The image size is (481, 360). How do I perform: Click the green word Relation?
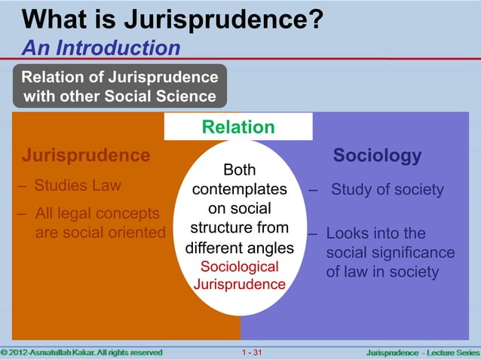(238, 127)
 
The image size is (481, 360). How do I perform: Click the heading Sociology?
(377, 156)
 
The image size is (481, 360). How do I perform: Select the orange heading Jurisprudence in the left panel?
(85, 156)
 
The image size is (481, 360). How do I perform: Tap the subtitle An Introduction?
(100, 49)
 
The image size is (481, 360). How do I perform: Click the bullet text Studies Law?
(77, 185)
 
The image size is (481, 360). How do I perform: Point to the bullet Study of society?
(387, 189)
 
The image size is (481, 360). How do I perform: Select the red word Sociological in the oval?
(239, 267)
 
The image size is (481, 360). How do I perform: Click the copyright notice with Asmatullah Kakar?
(81, 352)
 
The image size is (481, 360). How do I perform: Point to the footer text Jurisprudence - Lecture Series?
(422, 352)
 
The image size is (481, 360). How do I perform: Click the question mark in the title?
(317, 18)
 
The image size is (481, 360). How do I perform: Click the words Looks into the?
(375, 233)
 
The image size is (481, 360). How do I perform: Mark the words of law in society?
(382, 271)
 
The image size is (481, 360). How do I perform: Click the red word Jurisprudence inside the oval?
(239, 285)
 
